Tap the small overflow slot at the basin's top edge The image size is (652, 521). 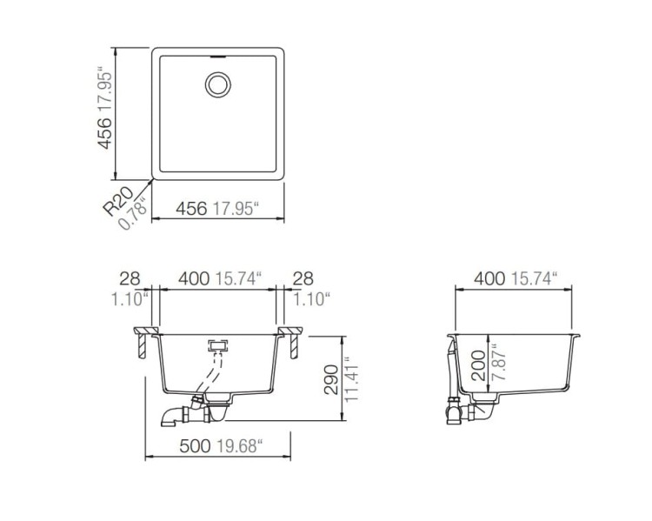(x=217, y=57)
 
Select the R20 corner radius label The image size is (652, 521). (x=118, y=202)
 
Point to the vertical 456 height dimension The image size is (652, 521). (x=104, y=133)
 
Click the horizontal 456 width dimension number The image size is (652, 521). (x=191, y=209)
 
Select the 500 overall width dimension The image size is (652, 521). (x=195, y=446)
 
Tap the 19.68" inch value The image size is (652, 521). (x=240, y=446)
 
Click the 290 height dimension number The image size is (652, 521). (x=331, y=379)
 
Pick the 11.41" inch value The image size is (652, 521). (x=351, y=379)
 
